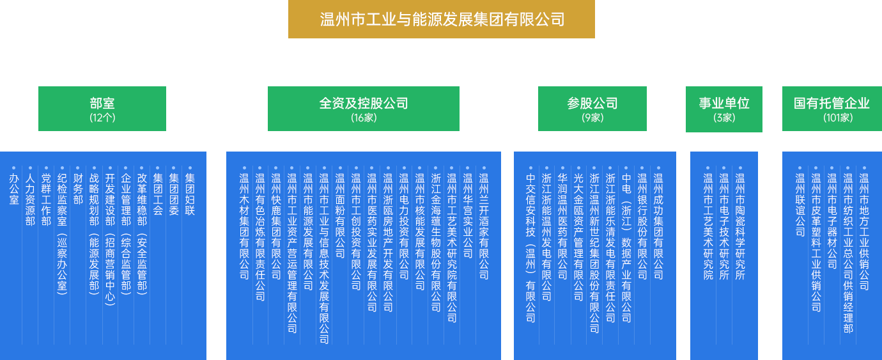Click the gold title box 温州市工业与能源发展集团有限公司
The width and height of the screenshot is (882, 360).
(441, 19)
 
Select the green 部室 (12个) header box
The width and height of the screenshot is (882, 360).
(102, 108)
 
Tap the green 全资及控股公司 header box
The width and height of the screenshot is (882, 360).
(363, 108)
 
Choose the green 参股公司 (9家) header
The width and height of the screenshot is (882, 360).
(592, 108)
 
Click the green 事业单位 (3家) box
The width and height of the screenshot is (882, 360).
(723, 108)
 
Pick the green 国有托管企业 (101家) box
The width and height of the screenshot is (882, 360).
(832, 108)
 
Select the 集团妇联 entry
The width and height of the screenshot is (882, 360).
(190, 194)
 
